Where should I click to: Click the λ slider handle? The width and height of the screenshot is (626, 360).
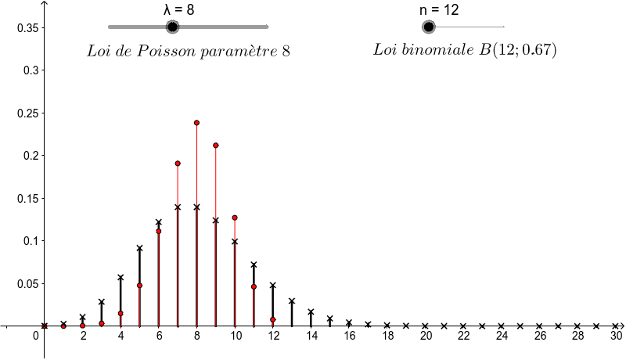tap(173, 27)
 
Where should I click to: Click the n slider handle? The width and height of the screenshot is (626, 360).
tap(428, 27)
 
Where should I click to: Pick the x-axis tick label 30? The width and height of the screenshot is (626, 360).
tap(617, 336)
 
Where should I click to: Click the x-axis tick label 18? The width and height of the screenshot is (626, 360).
tap(387, 336)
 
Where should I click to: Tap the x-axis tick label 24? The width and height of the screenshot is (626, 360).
tap(502, 336)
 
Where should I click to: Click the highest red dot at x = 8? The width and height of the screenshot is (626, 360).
tap(196, 123)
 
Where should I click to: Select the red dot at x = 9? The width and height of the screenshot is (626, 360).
tap(215, 146)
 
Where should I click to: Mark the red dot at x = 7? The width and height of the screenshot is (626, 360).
tap(178, 164)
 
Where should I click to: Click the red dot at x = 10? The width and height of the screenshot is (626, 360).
tap(235, 218)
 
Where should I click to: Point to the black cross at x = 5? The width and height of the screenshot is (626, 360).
tap(139, 248)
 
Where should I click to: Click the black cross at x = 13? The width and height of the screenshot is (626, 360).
tap(292, 301)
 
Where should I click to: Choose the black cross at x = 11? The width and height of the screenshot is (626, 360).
tap(254, 265)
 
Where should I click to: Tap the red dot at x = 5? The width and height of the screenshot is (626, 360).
tap(139, 286)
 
